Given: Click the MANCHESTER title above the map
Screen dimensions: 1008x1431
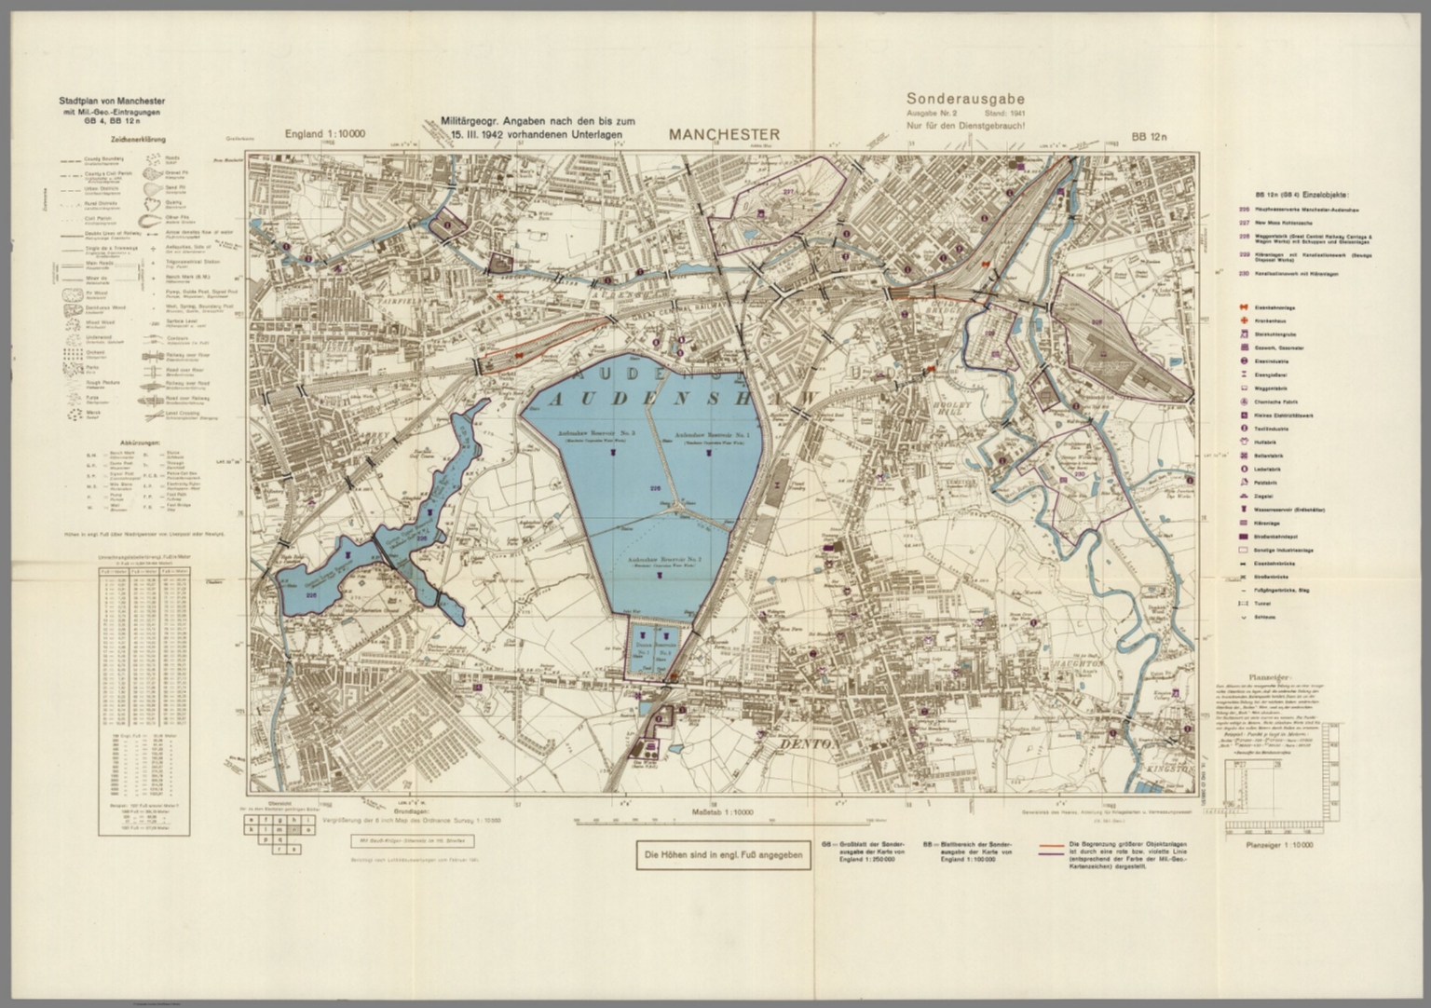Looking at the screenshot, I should pyautogui.click(x=723, y=134).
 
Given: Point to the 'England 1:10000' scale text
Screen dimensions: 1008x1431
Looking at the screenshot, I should pyautogui.click(x=324, y=134).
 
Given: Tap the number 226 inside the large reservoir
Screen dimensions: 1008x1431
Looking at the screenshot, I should pyautogui.click(x=655, y=488).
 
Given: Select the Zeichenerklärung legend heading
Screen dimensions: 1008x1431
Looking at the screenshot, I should pyautogui.click(x=138, y=141).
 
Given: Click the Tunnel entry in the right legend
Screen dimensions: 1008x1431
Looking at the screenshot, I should pyautogui.click(x=1270, y=604).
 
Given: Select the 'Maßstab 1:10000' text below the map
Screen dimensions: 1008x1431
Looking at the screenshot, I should pyautogui.click(x=724, y=812).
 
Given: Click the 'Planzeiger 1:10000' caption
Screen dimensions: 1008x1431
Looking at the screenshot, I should pyautogui.click(x=1278, y=846).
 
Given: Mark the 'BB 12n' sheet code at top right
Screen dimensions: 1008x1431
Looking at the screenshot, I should pyautogui.click(x=1151, y=137).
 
